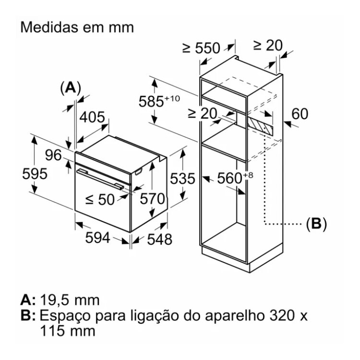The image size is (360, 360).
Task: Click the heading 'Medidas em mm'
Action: (x=77, y=27)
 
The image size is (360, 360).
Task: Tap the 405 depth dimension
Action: (x=93, y=117)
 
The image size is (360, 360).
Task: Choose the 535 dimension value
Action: (x=183, y=179)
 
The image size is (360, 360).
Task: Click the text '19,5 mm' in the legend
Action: (x=70, y=300)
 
